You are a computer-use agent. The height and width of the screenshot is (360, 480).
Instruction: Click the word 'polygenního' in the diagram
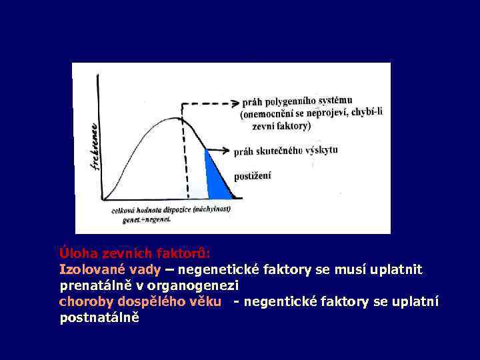(287, 102)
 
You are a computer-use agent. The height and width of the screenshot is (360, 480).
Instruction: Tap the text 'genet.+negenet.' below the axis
(146, 219)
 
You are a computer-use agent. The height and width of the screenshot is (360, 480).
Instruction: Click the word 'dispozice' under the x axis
(174, 209)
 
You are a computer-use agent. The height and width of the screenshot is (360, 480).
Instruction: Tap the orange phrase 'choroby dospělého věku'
(140, 302)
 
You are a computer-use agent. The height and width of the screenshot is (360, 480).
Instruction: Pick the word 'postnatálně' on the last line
(99, 318)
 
